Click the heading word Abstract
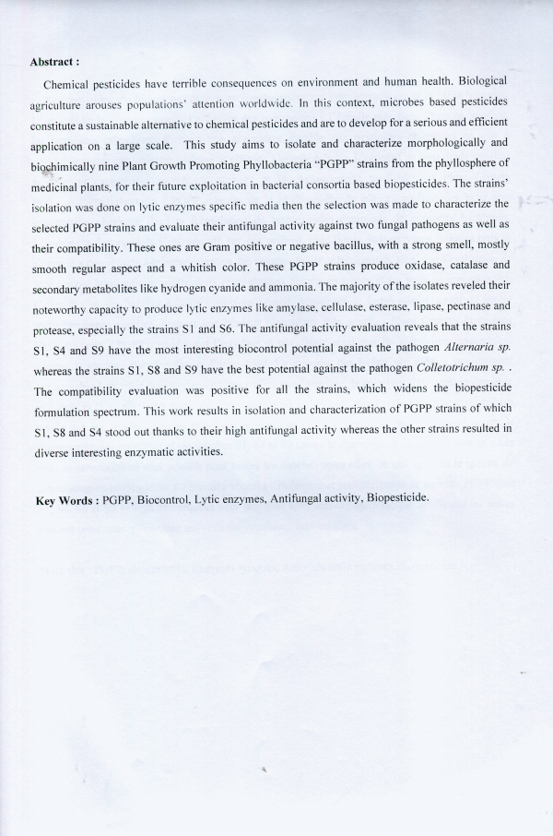click(53, 62)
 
